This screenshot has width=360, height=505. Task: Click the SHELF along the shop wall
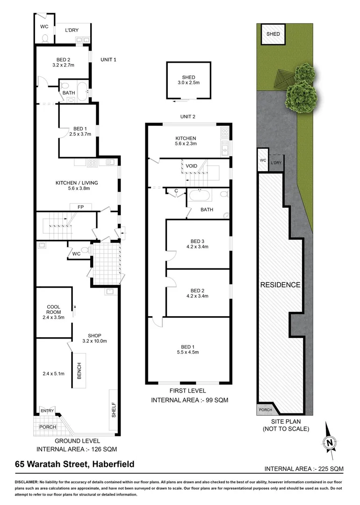coord(114,410)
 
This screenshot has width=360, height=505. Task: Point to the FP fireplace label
coord(73,206)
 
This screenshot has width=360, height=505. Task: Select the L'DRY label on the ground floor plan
coord(72,30)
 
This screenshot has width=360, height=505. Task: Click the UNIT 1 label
coord(108,59)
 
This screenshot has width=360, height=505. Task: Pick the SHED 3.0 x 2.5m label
coord(188,80)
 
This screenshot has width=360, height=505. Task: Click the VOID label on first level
coord(192,166)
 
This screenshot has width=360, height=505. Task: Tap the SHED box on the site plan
coord(273,34)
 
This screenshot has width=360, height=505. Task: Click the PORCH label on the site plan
coord(264,410)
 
